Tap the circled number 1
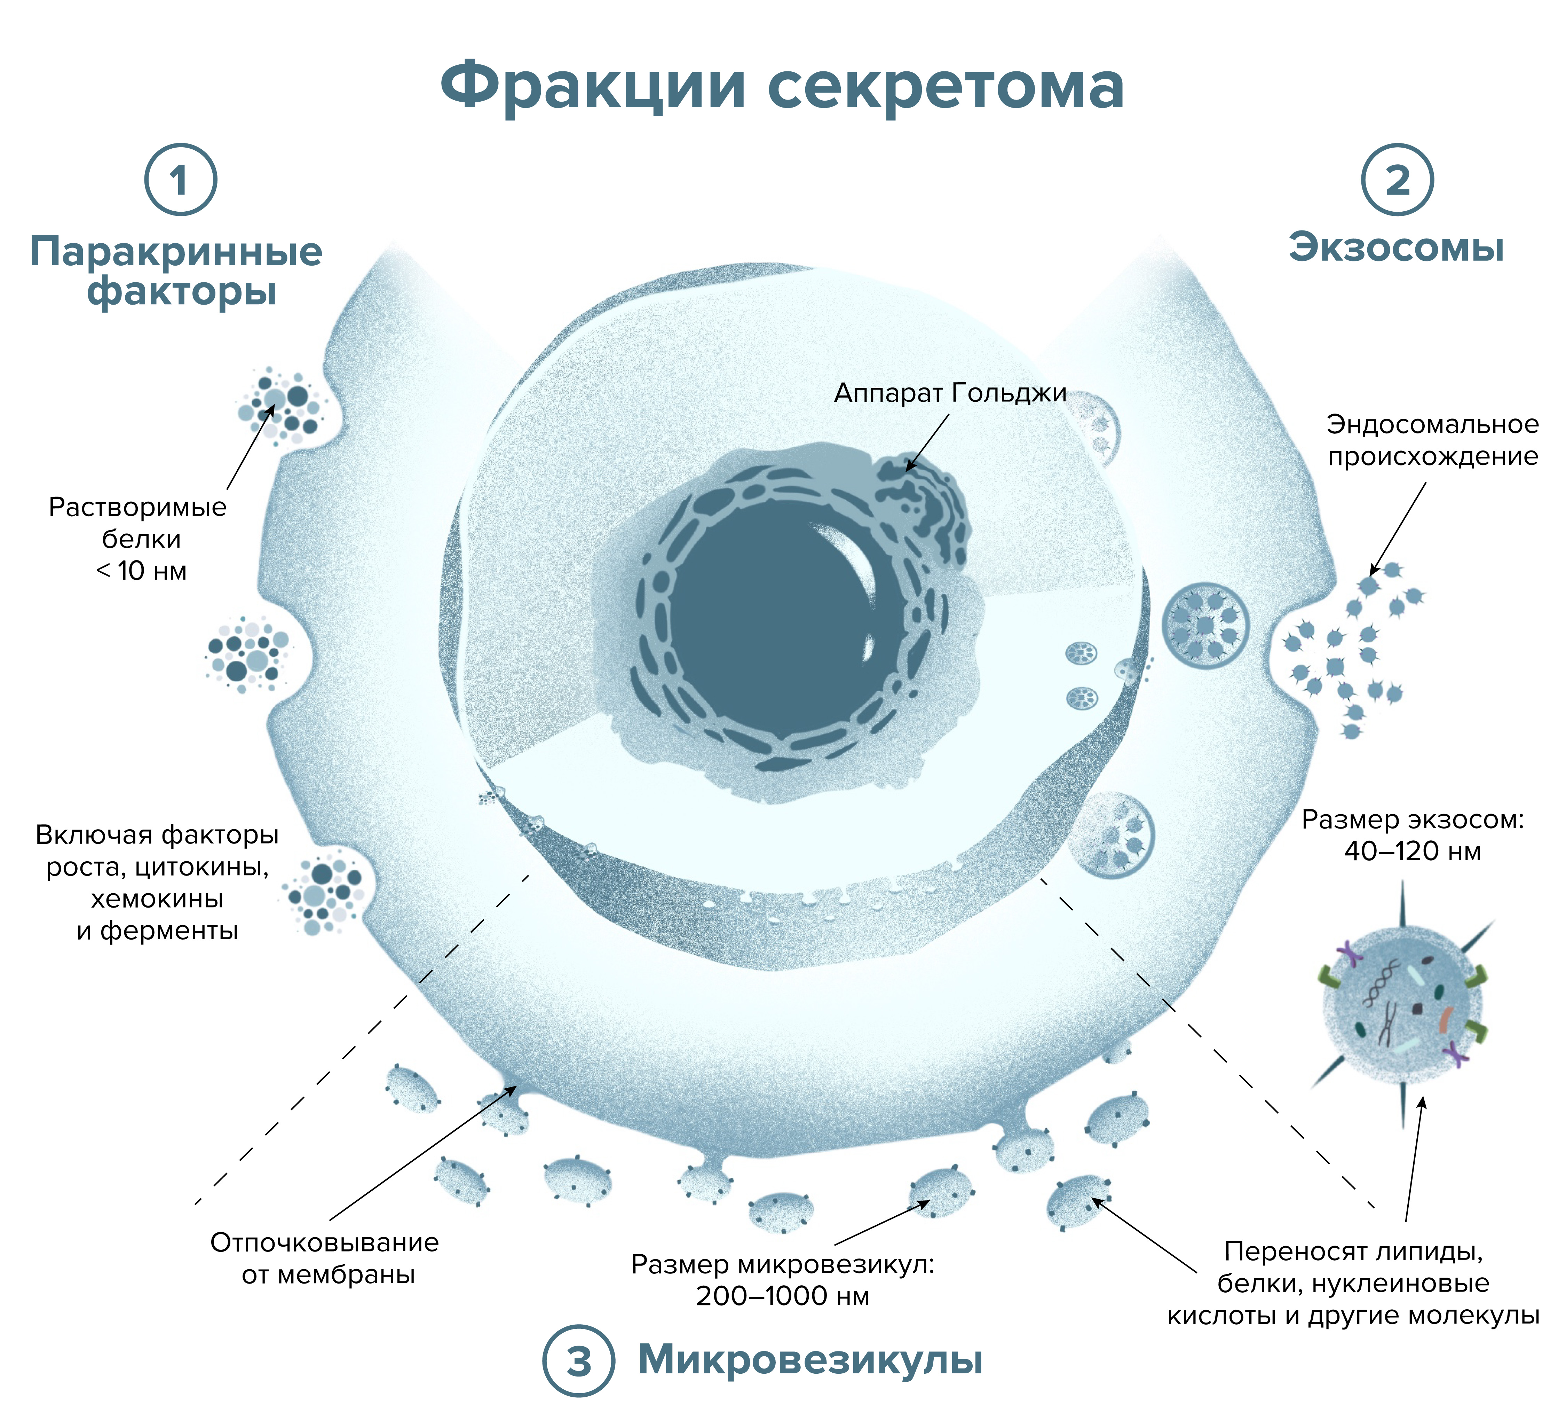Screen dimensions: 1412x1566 click(x=180, y=180)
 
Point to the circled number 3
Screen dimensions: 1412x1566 click(x=579, y=1361)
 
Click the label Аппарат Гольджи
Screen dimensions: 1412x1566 click(x=950, y=393)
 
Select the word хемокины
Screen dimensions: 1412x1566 click(x=157, y=899)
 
